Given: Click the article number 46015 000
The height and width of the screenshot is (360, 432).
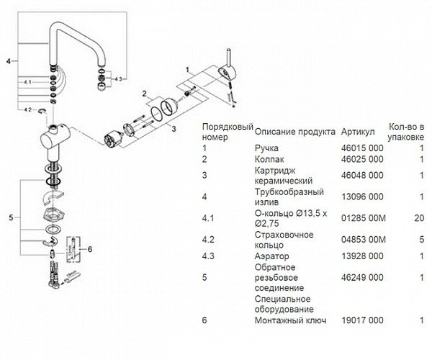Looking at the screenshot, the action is coord(362,148).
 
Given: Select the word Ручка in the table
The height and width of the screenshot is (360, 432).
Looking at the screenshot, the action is coord(266,148).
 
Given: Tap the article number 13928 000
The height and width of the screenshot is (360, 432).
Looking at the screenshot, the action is coord(362,256).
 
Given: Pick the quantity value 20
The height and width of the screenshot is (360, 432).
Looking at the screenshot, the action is coord(419,218).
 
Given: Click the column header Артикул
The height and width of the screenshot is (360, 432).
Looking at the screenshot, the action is coord(358,132).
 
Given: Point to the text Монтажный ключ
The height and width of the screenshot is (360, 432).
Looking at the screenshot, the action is coord(290,320).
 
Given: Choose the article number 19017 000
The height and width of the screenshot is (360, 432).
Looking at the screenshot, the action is coord(362,320).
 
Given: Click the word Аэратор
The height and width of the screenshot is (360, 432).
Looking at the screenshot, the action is coord(271,256).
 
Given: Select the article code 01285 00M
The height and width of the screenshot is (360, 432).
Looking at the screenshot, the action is coord(364,218).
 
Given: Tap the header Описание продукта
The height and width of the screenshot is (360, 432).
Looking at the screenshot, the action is coord(294,132).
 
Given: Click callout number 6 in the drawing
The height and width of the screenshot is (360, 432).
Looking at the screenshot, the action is coord(90,249).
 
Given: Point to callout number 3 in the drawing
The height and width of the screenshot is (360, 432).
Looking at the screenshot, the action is coord(174,128).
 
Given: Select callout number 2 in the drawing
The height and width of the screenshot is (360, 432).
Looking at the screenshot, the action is coord(145,94).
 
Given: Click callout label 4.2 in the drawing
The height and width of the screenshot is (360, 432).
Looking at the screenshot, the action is coord(28,109).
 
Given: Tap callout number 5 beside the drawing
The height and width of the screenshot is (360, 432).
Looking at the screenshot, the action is coord(11,217).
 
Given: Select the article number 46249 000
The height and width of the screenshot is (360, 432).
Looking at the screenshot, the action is coord(362,277).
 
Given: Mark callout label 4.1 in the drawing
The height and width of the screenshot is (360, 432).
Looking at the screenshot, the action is coord(28,82).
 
